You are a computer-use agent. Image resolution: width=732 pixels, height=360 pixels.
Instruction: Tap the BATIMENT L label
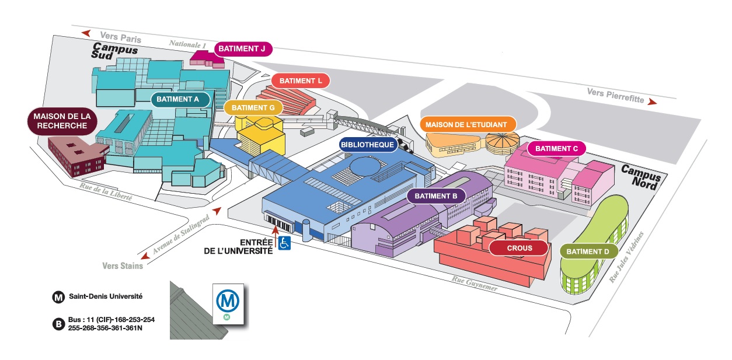pos(301,81)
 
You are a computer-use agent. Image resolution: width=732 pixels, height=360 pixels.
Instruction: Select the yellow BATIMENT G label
pos(253,107)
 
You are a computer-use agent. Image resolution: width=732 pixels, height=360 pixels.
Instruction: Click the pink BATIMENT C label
pos(556,149)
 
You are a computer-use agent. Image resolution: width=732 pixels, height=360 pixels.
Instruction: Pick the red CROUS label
pos(519,249)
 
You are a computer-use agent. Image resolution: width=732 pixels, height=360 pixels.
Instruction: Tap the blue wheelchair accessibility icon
pos(284,243)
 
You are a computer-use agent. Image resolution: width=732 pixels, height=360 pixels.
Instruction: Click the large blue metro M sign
pos(228,301)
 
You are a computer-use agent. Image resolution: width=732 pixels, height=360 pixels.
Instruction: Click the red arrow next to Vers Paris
pos(87,33)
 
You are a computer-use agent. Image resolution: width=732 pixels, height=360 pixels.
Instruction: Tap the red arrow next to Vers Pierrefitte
pos(651,102)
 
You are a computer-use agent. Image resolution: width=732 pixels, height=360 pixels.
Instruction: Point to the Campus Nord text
pos(642,176)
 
